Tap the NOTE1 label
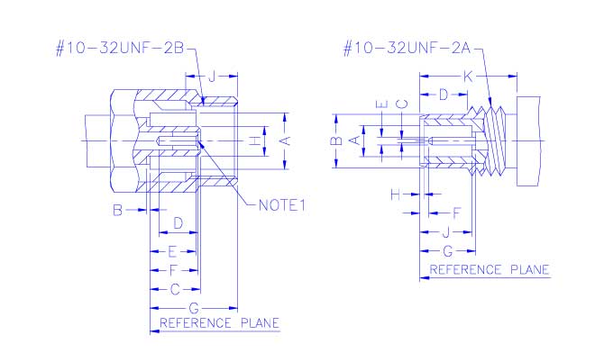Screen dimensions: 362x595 282,205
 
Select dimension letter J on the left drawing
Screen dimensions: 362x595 212,77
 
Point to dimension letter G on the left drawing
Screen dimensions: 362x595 193,308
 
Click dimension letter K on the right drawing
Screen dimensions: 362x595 467,77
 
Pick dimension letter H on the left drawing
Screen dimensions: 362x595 255,140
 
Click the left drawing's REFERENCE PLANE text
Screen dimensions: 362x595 219,322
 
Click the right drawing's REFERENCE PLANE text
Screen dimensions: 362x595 489,269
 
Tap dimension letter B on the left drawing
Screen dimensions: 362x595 116,211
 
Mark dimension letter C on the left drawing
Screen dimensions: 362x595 176,289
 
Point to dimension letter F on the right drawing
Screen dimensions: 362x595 456,213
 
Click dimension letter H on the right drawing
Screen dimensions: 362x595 395,194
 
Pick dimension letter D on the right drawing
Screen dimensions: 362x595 443,94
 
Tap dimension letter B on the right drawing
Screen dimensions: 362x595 334,140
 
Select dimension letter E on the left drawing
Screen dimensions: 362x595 172,250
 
